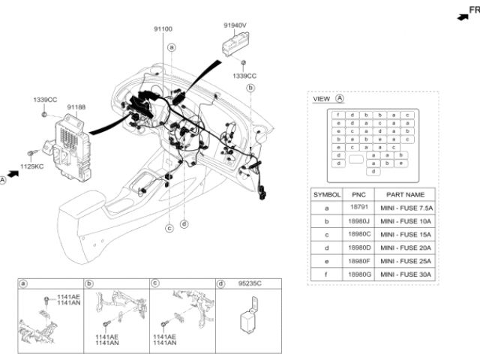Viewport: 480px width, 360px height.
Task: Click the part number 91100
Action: point(163,28)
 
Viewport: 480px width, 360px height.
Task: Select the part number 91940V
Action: point(235,25)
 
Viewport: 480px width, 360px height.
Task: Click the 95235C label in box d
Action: point(248,283)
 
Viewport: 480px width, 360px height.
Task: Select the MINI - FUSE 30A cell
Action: point(409,274)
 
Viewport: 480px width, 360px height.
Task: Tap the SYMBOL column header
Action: point(326,193)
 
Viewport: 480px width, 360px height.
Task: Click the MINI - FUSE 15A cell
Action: point(409,234)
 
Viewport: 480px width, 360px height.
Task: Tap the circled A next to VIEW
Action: point(339,98)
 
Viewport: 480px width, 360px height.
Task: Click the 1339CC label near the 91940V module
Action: point(244,76)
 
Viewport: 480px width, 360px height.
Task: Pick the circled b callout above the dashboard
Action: point(250,88)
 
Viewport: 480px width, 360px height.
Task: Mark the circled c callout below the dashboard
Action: point(169,227)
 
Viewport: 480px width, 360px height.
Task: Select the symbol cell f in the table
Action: point(326,274)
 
